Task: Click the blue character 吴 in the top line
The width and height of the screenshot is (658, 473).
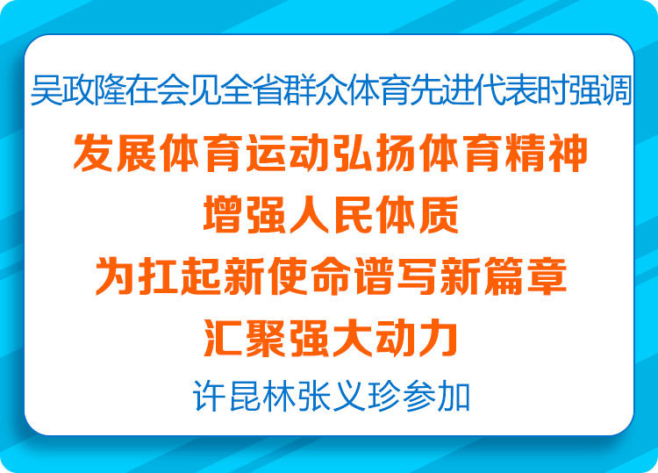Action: point(46,90)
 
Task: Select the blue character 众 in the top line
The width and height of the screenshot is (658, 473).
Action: point(330,90)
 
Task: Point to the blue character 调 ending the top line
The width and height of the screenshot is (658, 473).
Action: point(616,90)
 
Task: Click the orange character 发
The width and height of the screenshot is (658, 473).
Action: point(94,153)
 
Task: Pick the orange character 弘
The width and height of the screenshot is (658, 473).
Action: point(352,153)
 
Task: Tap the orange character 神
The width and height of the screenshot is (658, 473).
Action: point(568,153)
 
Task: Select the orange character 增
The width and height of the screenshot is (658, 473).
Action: point(223,215)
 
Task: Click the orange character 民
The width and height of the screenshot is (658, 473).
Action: point(352,215)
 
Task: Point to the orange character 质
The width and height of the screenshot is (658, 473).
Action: point(438,215)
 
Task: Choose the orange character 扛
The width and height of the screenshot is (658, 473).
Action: point(158,276)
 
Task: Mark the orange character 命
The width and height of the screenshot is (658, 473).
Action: point(330,276)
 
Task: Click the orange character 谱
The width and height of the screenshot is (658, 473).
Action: point(374,276)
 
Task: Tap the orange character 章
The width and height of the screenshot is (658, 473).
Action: point(546,276)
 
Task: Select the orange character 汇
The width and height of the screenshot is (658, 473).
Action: point(223,338)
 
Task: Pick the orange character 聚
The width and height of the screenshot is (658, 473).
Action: point(266,338)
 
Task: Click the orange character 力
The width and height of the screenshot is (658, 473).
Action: point(438,338)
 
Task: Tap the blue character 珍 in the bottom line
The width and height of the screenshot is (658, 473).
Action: point(383,396)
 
